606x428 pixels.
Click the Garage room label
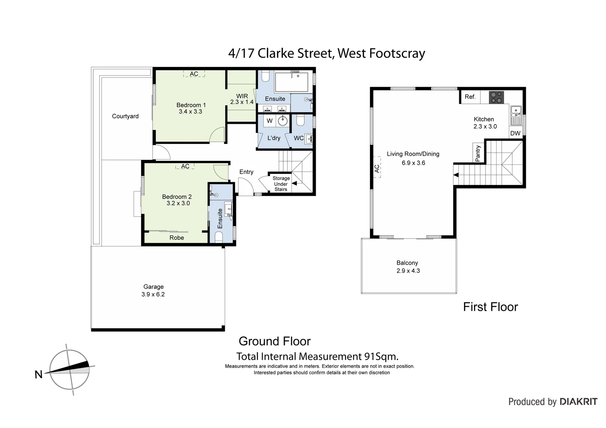[x=153, y=287]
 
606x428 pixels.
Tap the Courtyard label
[x=125, y=116]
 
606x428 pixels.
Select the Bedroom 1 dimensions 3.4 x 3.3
[x=190, y=112]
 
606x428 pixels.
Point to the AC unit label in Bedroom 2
[x=185, y=166]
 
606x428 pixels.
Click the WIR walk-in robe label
[x=242, y=96]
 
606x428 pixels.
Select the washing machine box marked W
[x=270, y=121]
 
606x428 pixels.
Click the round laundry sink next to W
[x=283, y=121]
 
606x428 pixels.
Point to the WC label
[x=299, y=138]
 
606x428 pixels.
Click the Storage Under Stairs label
[x=281, y=184]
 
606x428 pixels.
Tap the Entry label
[x=246, y=172]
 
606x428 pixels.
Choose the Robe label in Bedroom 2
[x=177, y=237]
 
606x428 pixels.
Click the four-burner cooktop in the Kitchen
[x=495, y=97]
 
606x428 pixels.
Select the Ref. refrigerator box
[x=470, y=97]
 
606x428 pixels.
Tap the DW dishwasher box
[x=515, y=133]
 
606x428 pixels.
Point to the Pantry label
[x=478, y=153]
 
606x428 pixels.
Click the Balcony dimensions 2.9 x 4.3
[x=408, y=271]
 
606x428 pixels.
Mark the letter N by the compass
[x=38, y=374]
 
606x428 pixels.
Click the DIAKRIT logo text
[x=578, y=401]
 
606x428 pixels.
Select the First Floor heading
[x=491, y=307]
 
